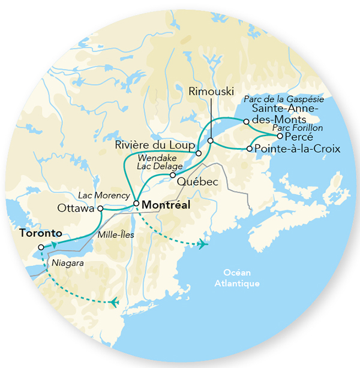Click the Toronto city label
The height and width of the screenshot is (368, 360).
click(41, 233)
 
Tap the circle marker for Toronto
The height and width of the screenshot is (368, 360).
click(40, 247)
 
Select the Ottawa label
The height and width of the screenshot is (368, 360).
click(76, 209)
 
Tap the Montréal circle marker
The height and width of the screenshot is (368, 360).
click(136, 204)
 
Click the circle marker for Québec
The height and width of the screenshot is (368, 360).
click(172, 176)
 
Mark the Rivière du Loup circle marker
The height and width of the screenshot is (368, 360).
click(199, 145)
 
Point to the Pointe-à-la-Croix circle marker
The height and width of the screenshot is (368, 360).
click(250, 148)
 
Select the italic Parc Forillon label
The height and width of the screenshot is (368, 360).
click(298, 127)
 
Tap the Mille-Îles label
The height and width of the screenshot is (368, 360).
click(118, 235)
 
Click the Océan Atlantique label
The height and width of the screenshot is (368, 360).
click(239, 277)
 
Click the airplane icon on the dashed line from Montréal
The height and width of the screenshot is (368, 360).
click(202, 244)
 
